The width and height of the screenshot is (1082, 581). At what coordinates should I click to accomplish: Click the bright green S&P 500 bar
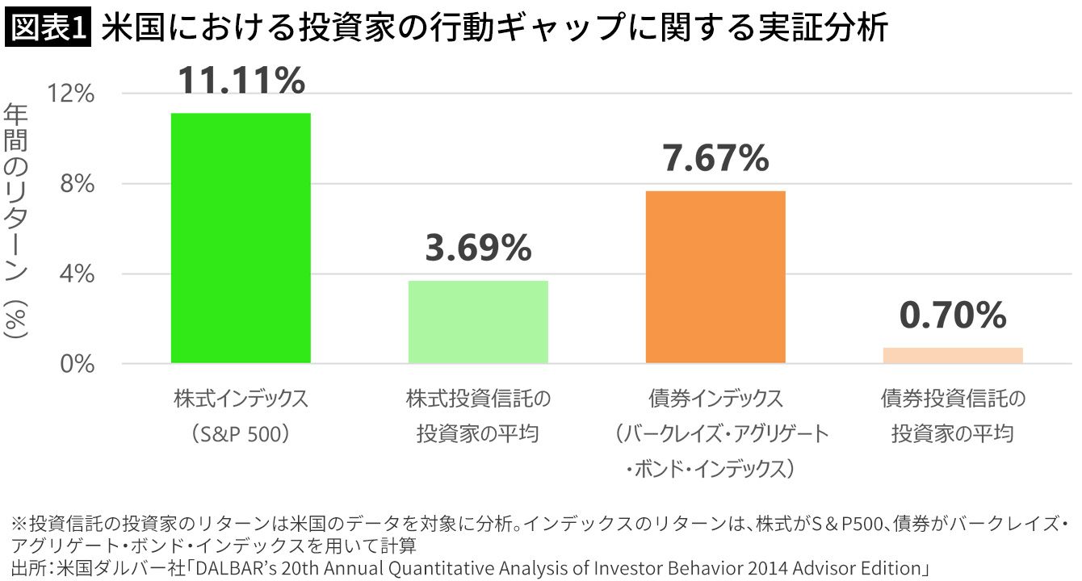coord(241,238)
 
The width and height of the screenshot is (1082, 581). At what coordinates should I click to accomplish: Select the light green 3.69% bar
coord(478,322)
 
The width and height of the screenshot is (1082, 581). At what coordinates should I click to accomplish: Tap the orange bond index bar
coord(715,277)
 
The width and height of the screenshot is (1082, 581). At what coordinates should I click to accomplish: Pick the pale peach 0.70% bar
coord(953,355)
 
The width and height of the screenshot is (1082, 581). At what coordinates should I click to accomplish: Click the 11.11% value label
coord(241,81)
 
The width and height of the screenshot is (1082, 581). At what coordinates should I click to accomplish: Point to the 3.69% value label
coord(478,249)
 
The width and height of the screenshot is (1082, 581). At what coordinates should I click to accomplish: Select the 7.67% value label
coord(715,158)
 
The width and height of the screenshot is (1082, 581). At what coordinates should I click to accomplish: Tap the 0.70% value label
coord(953,315)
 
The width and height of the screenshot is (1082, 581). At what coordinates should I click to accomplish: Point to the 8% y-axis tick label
coord(79,184)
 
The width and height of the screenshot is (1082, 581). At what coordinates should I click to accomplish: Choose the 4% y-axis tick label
coord(79,274)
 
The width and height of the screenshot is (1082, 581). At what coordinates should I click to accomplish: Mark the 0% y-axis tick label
coord(79,364)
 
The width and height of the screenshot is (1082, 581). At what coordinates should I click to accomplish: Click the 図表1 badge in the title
coord(48,28)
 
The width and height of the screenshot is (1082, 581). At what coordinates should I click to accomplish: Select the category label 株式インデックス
coord(241,399)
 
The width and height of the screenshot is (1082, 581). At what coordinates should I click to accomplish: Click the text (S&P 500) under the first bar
coord(241,434)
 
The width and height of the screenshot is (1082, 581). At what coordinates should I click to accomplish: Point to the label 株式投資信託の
coord(478,399)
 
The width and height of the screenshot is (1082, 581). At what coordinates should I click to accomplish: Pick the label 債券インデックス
coord(715,399)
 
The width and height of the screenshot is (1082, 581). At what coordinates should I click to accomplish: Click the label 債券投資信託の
coord(953,399)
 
